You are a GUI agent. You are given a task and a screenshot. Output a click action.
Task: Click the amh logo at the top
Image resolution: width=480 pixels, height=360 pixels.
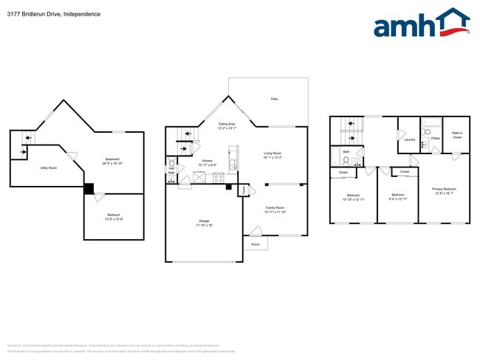coord(422,24)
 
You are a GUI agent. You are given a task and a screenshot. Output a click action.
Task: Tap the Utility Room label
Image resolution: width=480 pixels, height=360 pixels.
coord(49,167)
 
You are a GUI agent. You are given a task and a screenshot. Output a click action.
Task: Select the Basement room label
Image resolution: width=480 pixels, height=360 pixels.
coord(112,159)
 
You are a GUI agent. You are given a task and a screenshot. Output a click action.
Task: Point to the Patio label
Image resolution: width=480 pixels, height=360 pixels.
coord(274,98)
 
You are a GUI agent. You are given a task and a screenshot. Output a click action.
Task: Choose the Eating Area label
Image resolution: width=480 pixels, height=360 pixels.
coord(227,124)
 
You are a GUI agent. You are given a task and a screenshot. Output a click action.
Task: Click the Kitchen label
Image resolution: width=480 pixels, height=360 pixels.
coord(208,160)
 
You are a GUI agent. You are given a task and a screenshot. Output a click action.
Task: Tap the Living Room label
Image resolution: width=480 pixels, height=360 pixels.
coord(273,153)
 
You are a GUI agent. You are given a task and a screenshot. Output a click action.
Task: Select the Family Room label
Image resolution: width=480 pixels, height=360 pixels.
coord(275,207)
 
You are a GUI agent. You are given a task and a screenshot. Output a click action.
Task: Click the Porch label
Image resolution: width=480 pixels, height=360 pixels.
coord(256,244)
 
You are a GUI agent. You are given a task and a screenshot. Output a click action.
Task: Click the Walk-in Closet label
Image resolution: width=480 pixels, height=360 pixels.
coord(457,134)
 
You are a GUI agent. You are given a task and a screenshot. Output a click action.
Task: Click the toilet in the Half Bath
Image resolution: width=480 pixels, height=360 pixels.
coord(172,162)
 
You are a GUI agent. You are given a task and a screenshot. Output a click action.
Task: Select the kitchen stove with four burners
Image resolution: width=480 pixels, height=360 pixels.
coord(219,177)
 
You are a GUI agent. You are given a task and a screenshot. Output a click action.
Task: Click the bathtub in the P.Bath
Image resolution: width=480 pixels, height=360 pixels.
coord(431,121)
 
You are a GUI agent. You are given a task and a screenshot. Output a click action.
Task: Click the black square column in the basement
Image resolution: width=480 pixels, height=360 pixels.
coord(89,189)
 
